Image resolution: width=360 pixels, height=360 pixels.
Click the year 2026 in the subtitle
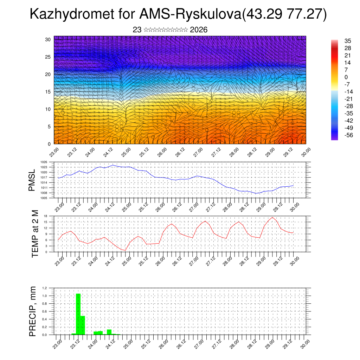(199, 30)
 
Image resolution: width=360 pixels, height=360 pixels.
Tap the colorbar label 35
(348, 41)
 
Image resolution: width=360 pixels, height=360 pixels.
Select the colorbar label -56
(348, 135)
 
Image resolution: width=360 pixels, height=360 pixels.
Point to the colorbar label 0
(346, 77)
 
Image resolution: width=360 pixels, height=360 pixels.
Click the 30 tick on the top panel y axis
(48, 39)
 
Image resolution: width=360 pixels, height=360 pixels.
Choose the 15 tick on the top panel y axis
(48, 92)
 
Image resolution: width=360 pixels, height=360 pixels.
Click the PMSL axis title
(32, 180)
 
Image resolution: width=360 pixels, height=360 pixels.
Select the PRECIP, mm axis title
(33, 311)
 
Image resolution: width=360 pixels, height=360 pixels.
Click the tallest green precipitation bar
(78, 314)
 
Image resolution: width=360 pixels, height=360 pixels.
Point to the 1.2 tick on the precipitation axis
(45, 288)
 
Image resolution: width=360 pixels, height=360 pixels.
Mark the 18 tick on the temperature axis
(46, 216)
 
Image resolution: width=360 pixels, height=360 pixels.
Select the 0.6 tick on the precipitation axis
(45, 311)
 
